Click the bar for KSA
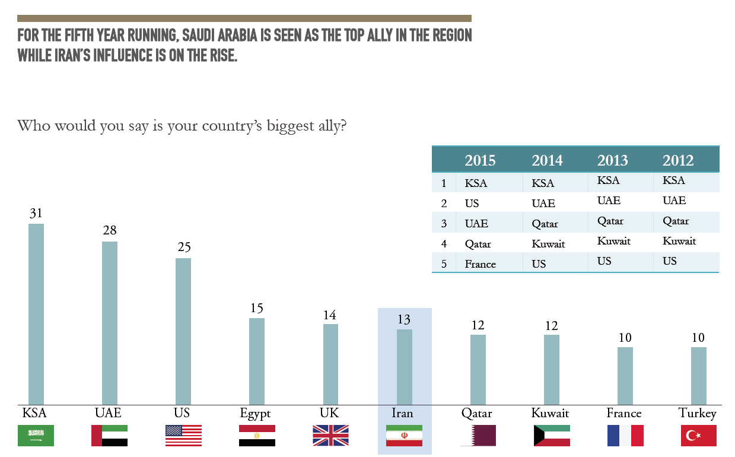(x=36, y=314)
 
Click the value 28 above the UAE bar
(x=110, y=230)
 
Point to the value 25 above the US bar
(x=183, y=247)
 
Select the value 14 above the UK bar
(x=330, y=315)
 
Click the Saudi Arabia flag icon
(x=36, y=436)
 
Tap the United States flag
(x=183, y=436)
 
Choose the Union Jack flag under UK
(x=330, y=436)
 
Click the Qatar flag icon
(x=478, y=436)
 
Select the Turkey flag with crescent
(x=699, y=436)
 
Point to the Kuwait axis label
(x=551, y=413)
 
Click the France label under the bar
(x=624, y=413)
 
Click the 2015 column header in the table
(x=480, y=160)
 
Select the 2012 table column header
(x=678, y=160)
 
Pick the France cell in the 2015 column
(x=480, y=264)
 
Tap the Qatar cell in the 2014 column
(x=545, y=224)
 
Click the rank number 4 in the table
(x=444, y=244)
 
